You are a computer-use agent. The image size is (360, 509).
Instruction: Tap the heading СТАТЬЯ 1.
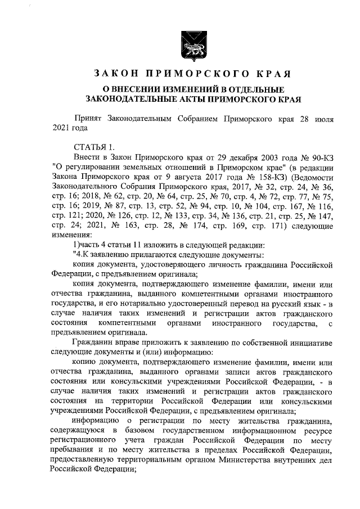tap(94, 147)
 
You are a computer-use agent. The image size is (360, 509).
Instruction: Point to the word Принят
tap(92, 119)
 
